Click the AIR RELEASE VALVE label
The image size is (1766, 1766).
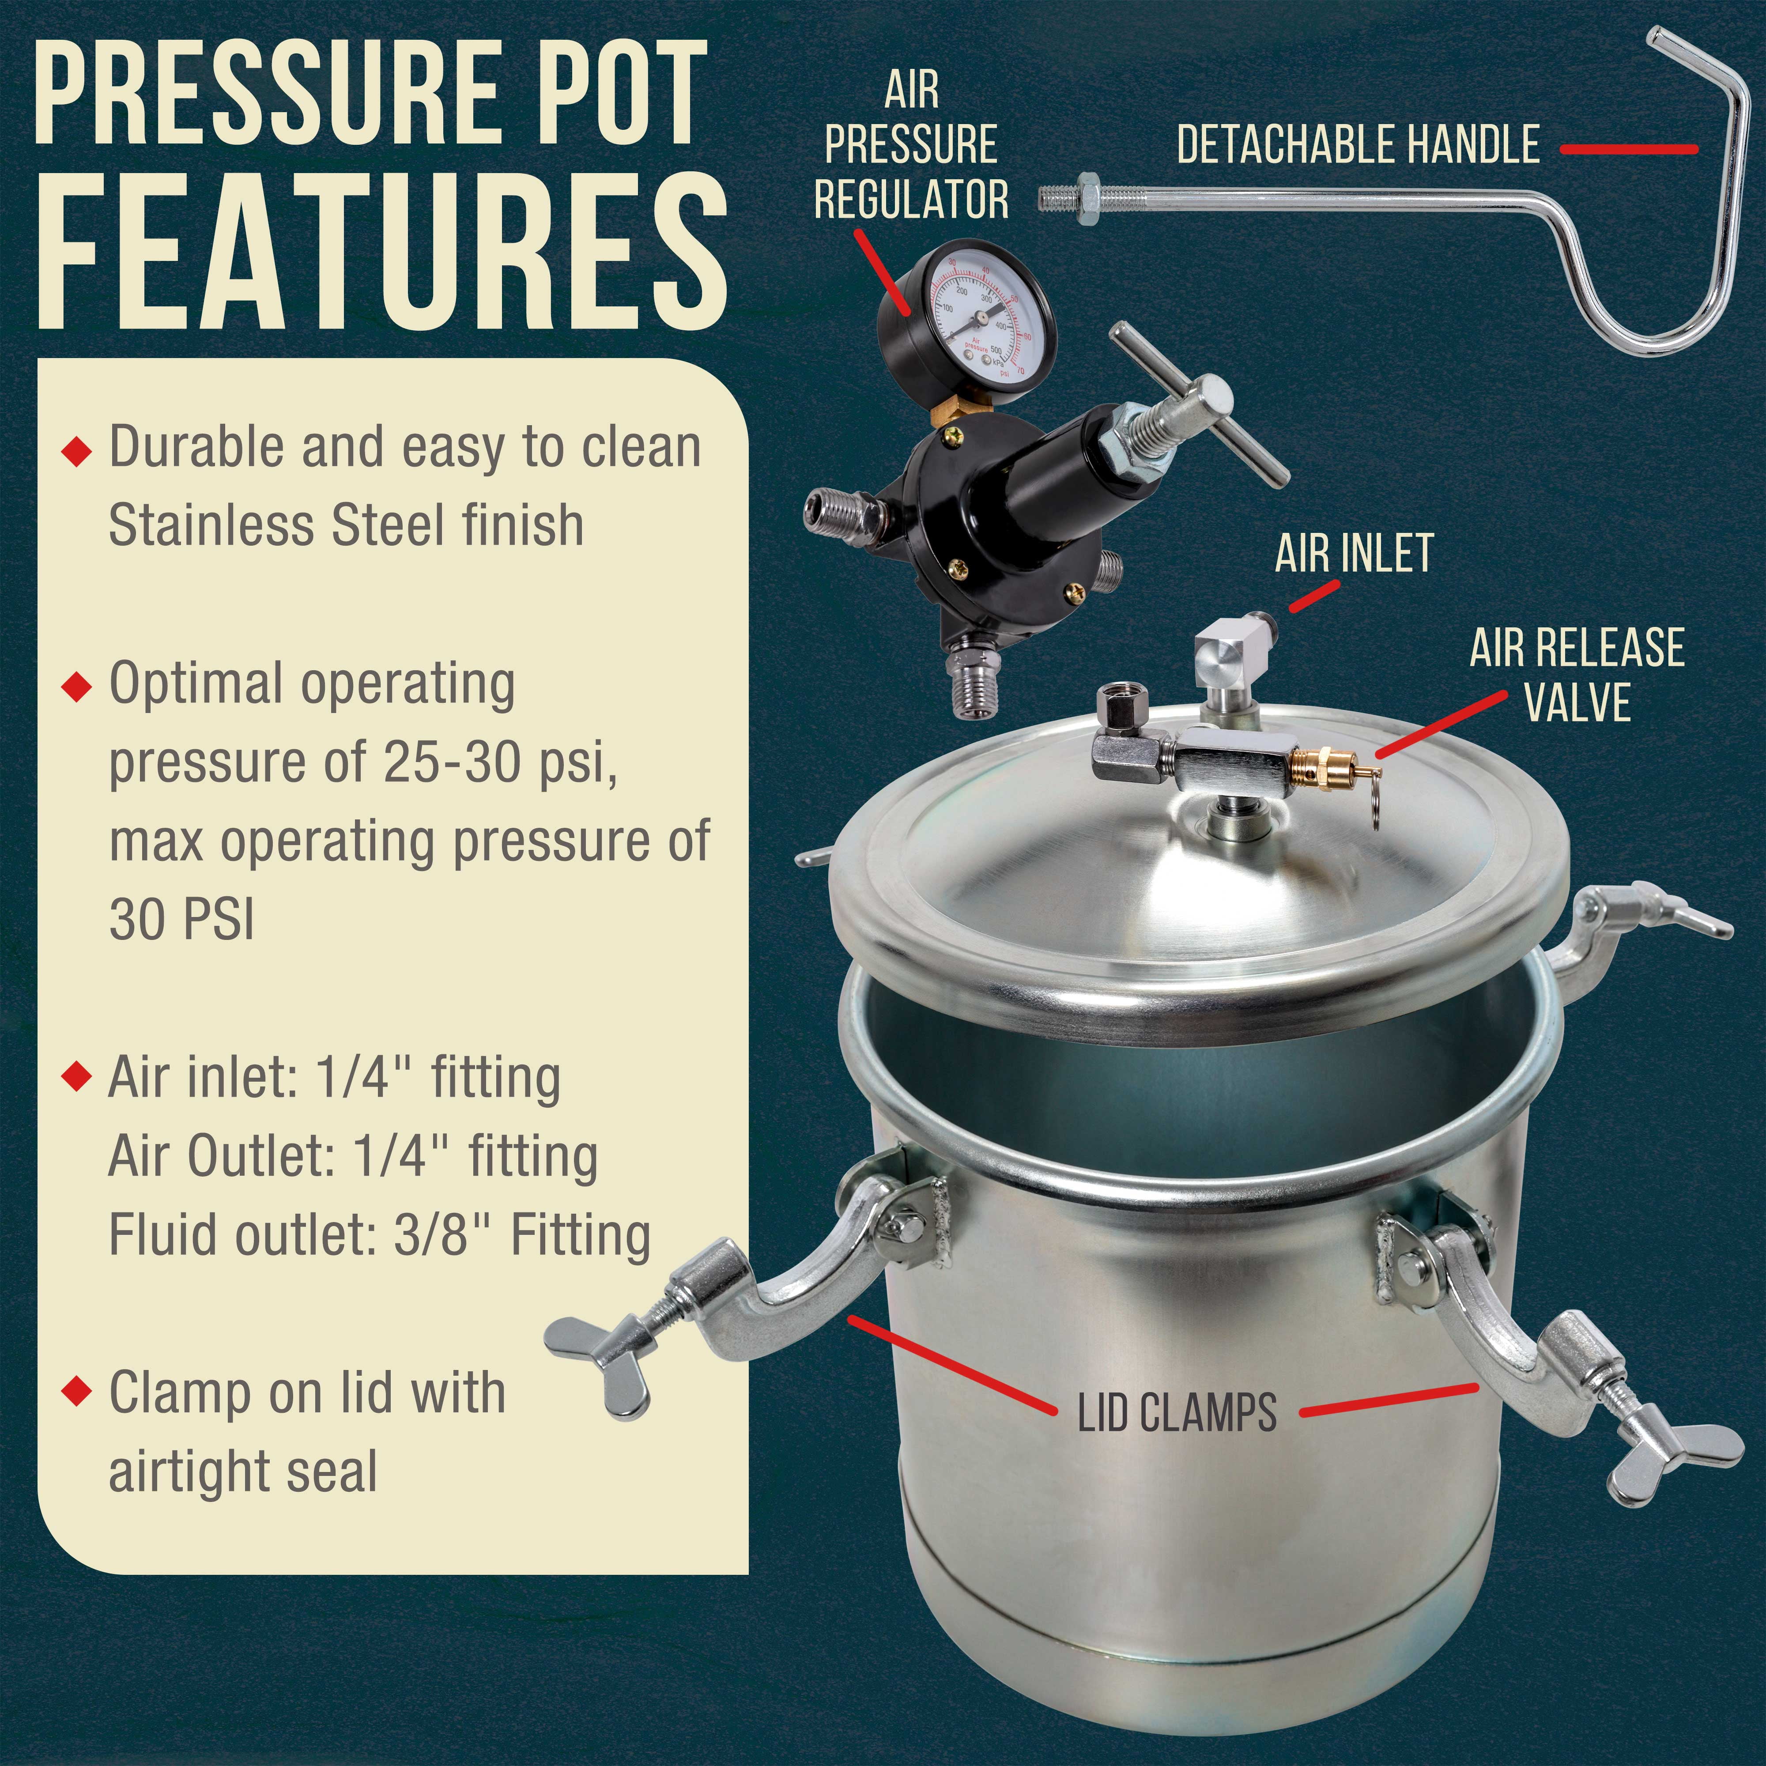[1577, 675]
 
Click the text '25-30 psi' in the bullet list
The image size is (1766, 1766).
[492, 762]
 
